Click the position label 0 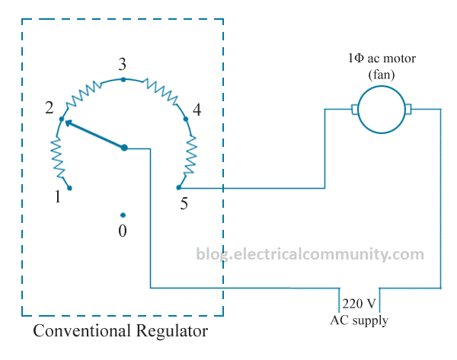click(x=123, y=231)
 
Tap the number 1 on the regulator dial click(x=57, y=197)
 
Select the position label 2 click(x=50, y=108)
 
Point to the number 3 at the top click(x=122, y=63)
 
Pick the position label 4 click(x=197, y=110)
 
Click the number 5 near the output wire click(x=184, y=203)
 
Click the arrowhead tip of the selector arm click(x=66, y=121)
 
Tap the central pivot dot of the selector click(x=124, y=148)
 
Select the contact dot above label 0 click(x=123, y=215)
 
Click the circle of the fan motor click(x=381, y=110)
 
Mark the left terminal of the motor click(x=354, y=110)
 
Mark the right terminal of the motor click(x=408, y=110)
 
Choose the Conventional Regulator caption click(x=120, y=332)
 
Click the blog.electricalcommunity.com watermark click(x=320, y=253)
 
